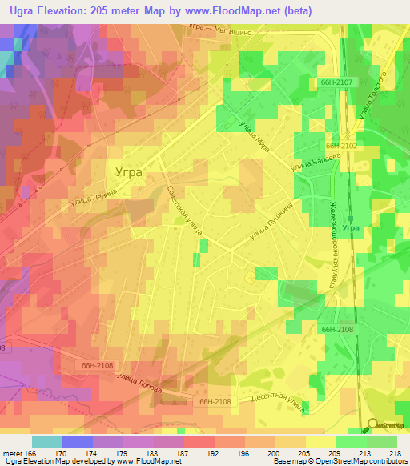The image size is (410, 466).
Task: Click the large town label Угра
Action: click(x=127, y=171)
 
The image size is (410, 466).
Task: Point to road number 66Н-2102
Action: click(x=340, y=147)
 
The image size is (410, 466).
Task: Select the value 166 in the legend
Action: click(x=30, y=453)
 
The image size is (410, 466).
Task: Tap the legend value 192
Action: click(x=214, y=453)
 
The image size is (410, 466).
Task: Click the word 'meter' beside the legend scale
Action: click(x=11, y=453)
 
